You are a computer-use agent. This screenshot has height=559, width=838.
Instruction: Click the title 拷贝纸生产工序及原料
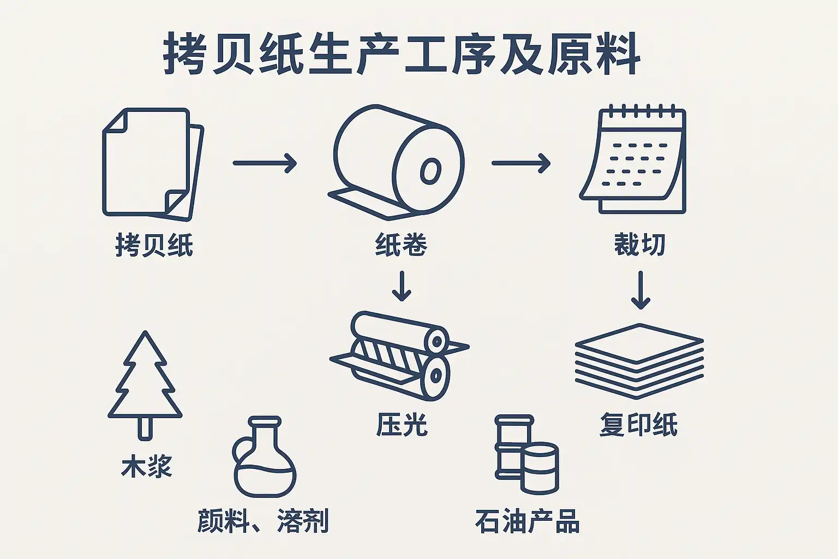click(402, 53)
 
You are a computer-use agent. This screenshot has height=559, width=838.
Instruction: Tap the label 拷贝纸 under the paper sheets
click(154, 245)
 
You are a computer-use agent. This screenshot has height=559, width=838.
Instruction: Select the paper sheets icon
click(153, 164)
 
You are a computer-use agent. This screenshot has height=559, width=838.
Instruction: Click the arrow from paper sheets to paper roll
click(265, 163)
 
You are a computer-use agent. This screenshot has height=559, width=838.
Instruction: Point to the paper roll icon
click(397, 162)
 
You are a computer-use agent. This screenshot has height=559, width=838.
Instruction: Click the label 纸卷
click(401, 245)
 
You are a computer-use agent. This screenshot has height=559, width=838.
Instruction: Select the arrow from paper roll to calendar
click(521, 163)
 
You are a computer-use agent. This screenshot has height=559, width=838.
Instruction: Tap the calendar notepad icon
click(633, 159)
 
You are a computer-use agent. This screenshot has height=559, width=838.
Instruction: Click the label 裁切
click(640, 245)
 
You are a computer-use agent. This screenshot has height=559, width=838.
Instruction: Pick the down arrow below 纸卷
click(402, 286)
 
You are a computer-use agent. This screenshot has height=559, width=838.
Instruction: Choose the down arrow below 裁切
click(641, 290)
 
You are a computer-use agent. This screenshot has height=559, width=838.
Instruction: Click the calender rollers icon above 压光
click(399, 356)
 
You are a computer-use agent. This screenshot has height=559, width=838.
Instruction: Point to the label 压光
click(402, 425)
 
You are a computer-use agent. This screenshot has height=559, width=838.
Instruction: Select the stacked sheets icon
click(639, 361)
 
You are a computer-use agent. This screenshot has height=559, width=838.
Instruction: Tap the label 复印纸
click(639, 425)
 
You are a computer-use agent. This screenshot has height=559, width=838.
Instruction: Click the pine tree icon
click(145, 385)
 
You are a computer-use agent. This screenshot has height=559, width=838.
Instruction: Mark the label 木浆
click(147, 466)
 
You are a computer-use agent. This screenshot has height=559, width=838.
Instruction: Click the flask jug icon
click(265, 457)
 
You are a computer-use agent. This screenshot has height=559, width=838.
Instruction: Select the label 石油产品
click(528, 521)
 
